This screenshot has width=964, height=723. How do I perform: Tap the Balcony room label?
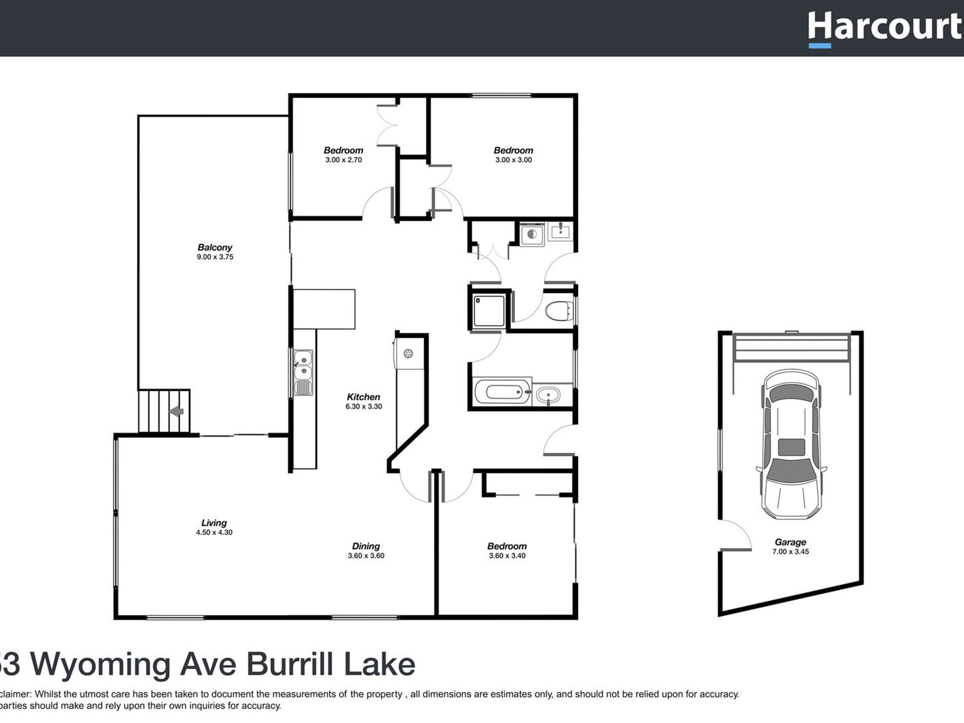click(215, 248)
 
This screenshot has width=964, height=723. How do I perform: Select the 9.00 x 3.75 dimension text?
click(215, 257)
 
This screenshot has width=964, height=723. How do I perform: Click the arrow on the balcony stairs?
click(177, 411)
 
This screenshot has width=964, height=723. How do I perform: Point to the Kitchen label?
click(363, 397)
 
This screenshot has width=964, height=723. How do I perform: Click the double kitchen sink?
click(303, 366)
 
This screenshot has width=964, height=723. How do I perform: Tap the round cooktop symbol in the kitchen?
click(408, 354)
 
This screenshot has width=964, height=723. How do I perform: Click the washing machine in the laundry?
click(532, 234)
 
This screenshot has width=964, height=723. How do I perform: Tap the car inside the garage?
click(790, 444)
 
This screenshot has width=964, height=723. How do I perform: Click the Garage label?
click(790, 542)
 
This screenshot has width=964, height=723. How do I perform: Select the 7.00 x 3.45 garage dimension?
click(790, 552)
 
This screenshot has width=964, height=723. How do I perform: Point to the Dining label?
click(366, 546)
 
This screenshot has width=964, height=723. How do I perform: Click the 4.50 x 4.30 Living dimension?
click(214, 533)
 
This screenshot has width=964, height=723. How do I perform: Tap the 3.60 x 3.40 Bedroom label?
click(507, 546)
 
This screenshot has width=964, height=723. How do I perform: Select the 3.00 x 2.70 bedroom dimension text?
click(343, 160)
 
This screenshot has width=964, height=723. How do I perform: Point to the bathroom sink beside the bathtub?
click(548, 394)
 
